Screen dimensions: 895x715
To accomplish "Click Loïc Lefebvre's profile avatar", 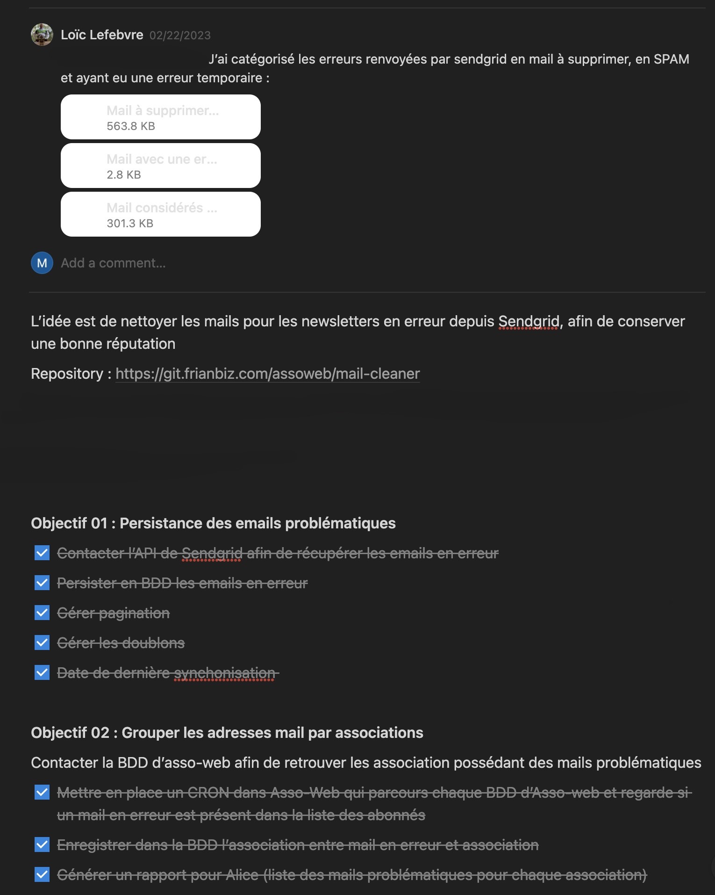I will tap(42, 35).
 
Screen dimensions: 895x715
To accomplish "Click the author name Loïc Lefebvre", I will tap(102, 35).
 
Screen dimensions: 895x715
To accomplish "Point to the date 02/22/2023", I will tap(180, 36).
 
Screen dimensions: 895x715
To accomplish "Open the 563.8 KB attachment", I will tap(160, 117).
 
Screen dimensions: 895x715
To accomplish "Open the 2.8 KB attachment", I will tap(160, 166).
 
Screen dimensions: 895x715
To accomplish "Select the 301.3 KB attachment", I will tap(160, 214).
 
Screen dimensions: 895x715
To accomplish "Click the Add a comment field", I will tap(113, 263).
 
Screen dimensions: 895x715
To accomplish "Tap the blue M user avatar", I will tap(42, 263).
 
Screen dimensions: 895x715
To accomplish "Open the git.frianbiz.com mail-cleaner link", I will tap(267, 374).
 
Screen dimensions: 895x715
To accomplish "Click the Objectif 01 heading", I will tap(213, 523).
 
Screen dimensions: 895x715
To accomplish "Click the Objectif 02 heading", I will tap(227, 732).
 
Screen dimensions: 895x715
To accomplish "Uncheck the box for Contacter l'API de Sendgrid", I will tap(42, 553).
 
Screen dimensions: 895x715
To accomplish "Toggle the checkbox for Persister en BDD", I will tap(42, 583).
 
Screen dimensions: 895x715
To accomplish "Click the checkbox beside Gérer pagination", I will tap(42, 613).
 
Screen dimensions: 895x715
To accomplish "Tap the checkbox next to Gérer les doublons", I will tap(42, 642).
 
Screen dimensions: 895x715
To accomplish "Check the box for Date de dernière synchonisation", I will tap(42, 672).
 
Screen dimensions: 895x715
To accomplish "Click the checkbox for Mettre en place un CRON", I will tap(42, 792).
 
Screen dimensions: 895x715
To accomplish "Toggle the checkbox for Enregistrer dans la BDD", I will tap(42, 844).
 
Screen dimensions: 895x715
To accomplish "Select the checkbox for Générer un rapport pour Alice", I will tap(42, 874).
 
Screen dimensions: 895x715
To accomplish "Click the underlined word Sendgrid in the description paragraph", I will tap(529, 321).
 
